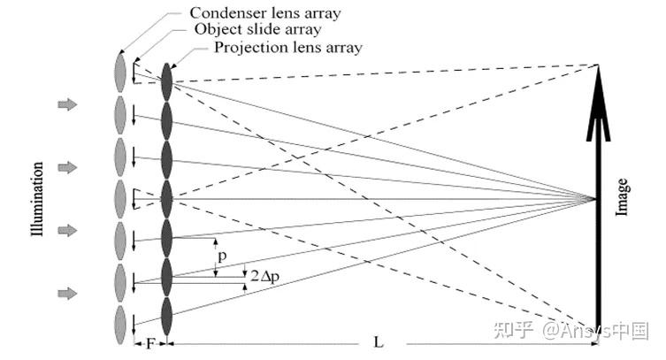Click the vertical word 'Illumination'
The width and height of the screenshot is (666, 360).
[x=38, y=200]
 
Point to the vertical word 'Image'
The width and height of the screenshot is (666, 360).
[x=624, y=197]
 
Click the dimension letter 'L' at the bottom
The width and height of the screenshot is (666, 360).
[x=379, y=342]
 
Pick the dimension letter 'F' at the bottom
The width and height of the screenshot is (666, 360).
[x=150, y=342]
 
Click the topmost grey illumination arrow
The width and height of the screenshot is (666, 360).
[x=67, y=104]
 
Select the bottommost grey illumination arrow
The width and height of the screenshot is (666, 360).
[x=67, y=293]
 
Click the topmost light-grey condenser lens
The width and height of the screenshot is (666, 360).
[x=120, y=72]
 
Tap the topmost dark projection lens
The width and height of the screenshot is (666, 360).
[x=166, y=82]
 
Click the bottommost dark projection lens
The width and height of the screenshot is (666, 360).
[x=166, y=317]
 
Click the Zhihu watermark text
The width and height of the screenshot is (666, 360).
[x=571, y=331]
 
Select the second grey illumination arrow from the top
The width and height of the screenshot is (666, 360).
[x=67, y=167]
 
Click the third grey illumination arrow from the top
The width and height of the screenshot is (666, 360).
[x=67, y=230]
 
